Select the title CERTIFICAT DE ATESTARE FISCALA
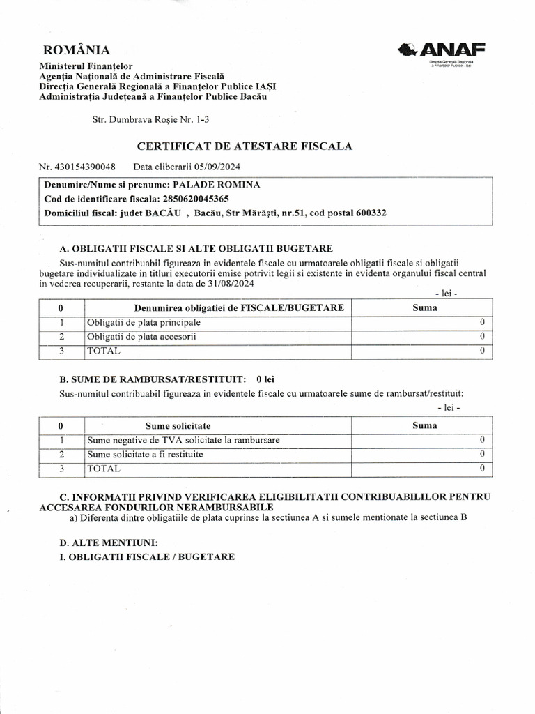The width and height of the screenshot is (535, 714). (x=245, y=146)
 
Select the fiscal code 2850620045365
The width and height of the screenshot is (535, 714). (x=195, y=199)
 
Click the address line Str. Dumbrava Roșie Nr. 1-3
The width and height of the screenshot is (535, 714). (x=150, y=120)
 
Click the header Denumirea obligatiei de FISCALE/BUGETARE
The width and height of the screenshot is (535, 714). (x=239, y=307)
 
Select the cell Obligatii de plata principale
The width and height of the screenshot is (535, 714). (x=144, y=323)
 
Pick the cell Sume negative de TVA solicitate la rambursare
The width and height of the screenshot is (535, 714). (x=183, y=440)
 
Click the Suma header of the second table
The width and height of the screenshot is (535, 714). (x=424, y=425)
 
